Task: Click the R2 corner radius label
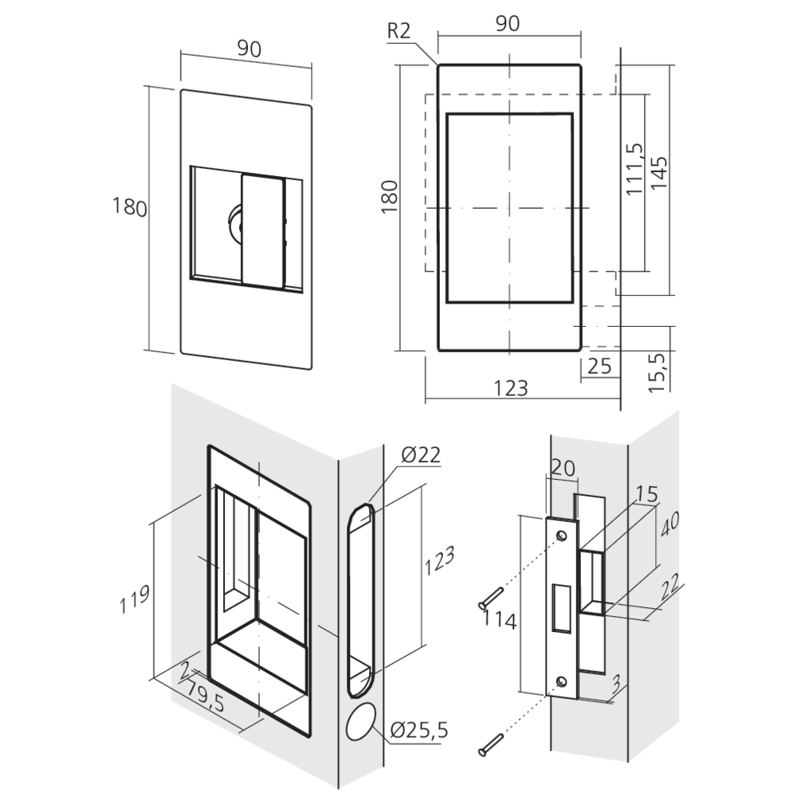[x=398, y=31]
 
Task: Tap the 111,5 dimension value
[x=634, y=169]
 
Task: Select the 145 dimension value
[x=659, y=172]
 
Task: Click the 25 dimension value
[x=599, y=366]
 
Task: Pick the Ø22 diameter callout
[x=420, y=454]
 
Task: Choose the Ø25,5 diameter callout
[x=419, y=730]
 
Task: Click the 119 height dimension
[x=134, y=599]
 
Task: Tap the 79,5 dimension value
[x=205, y=696]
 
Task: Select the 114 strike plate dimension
[x=499, y=619]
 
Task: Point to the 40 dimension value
[x=670, y=524]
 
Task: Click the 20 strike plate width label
[x=563, y=468]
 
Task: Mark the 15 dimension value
[x=646, y=493]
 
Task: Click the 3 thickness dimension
[x=616, y=684]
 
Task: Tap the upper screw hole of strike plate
[x=561, y=536]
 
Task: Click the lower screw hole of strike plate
[x=561, y=681]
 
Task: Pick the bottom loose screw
[x=490, y=744]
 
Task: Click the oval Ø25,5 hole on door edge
[x=361, y=722]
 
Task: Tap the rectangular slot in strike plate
[x=562, y=608]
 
